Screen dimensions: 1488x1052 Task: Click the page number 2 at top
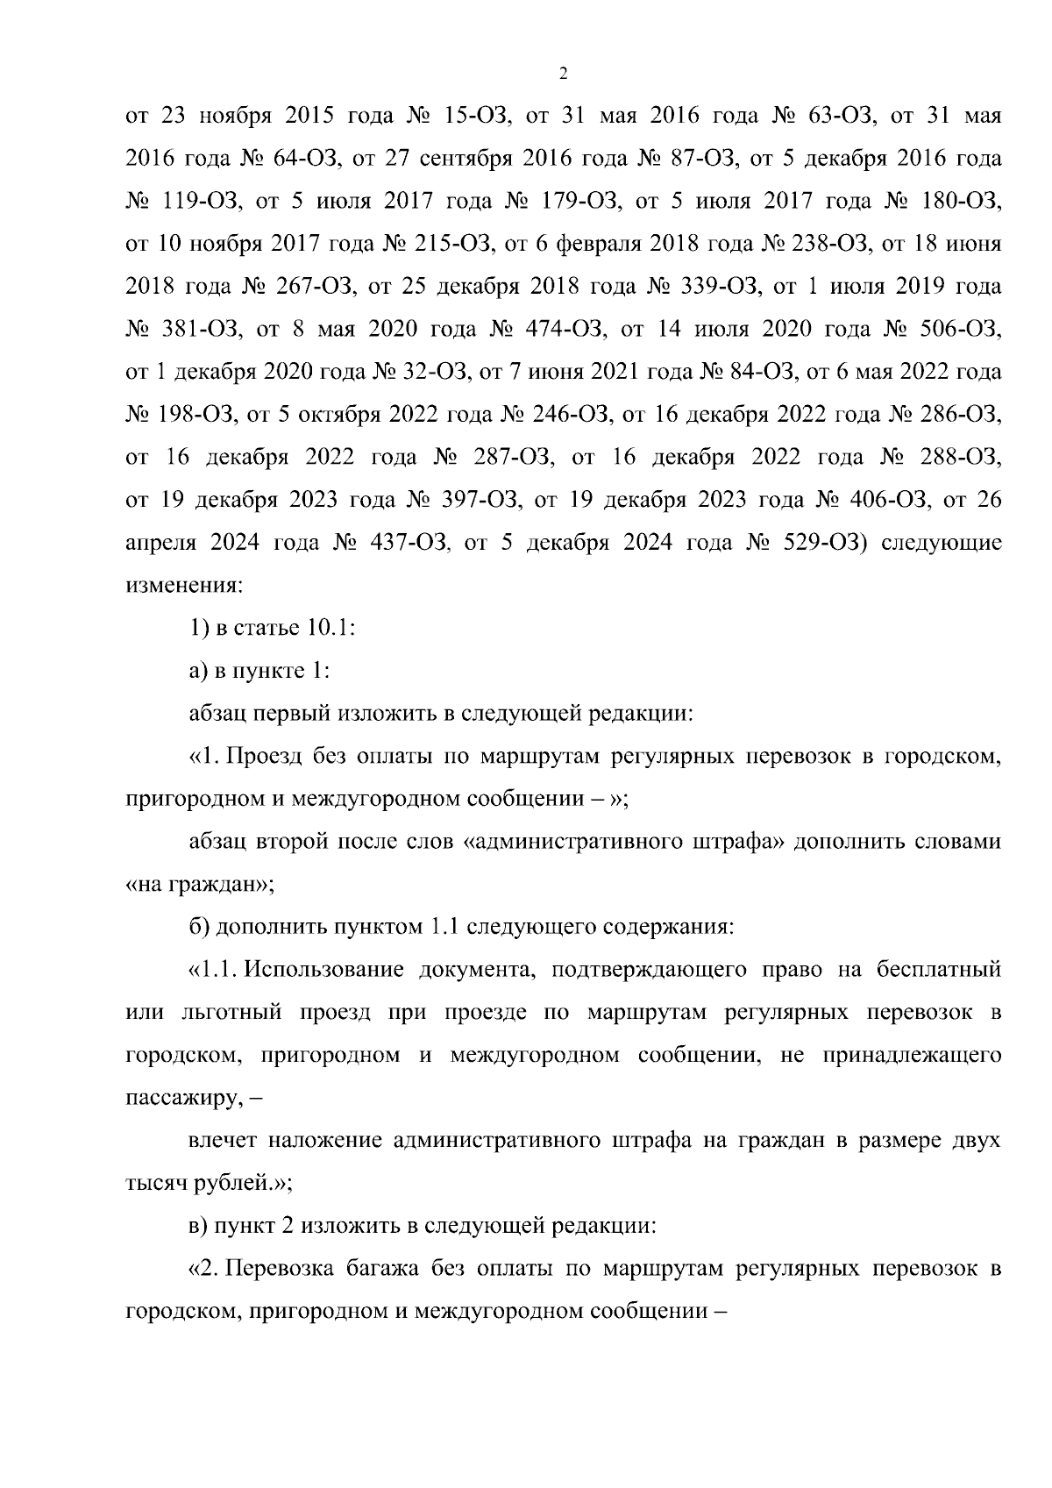563,75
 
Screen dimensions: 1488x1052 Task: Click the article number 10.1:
329,628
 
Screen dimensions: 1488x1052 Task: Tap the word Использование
319,970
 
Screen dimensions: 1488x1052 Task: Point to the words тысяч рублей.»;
209,1184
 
